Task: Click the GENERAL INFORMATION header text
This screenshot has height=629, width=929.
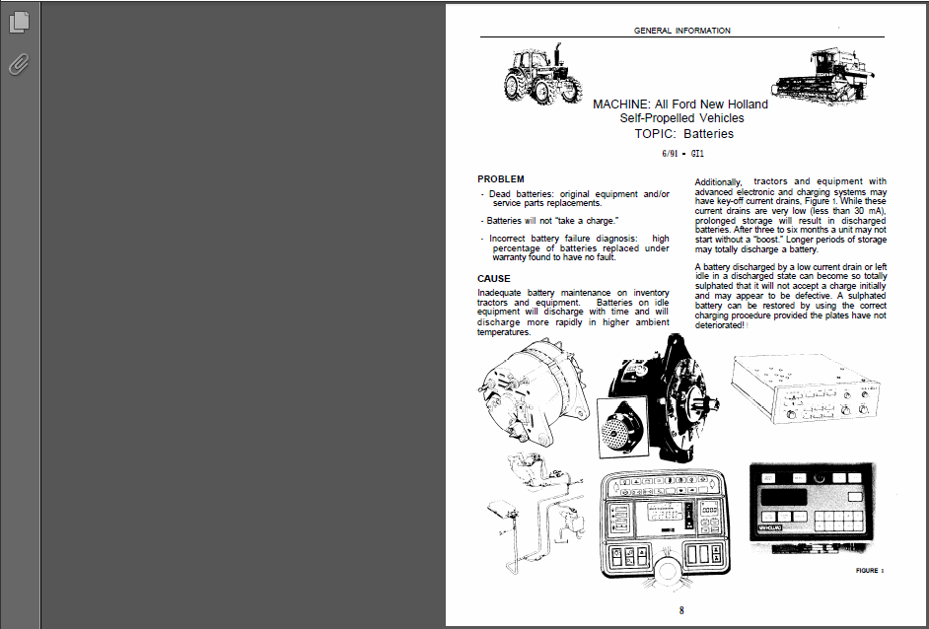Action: [x=681, y=31]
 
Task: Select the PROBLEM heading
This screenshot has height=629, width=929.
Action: [x=501, y=178]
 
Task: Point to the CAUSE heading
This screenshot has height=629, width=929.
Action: [x=493, y=278]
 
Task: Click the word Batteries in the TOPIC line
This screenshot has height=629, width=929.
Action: [x=709, y=134]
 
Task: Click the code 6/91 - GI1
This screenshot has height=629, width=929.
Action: [x=682, y=154]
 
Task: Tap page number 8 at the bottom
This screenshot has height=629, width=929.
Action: [x=681, y=610]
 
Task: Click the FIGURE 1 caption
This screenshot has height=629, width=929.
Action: [x=870, y=571]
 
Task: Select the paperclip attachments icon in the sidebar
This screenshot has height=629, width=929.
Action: [x=19, y=64]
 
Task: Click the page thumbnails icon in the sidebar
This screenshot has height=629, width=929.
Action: [x=19, y=22]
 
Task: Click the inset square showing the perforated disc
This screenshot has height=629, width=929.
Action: [x=622, y=428]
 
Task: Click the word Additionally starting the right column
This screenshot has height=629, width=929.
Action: [x=718, y=182]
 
